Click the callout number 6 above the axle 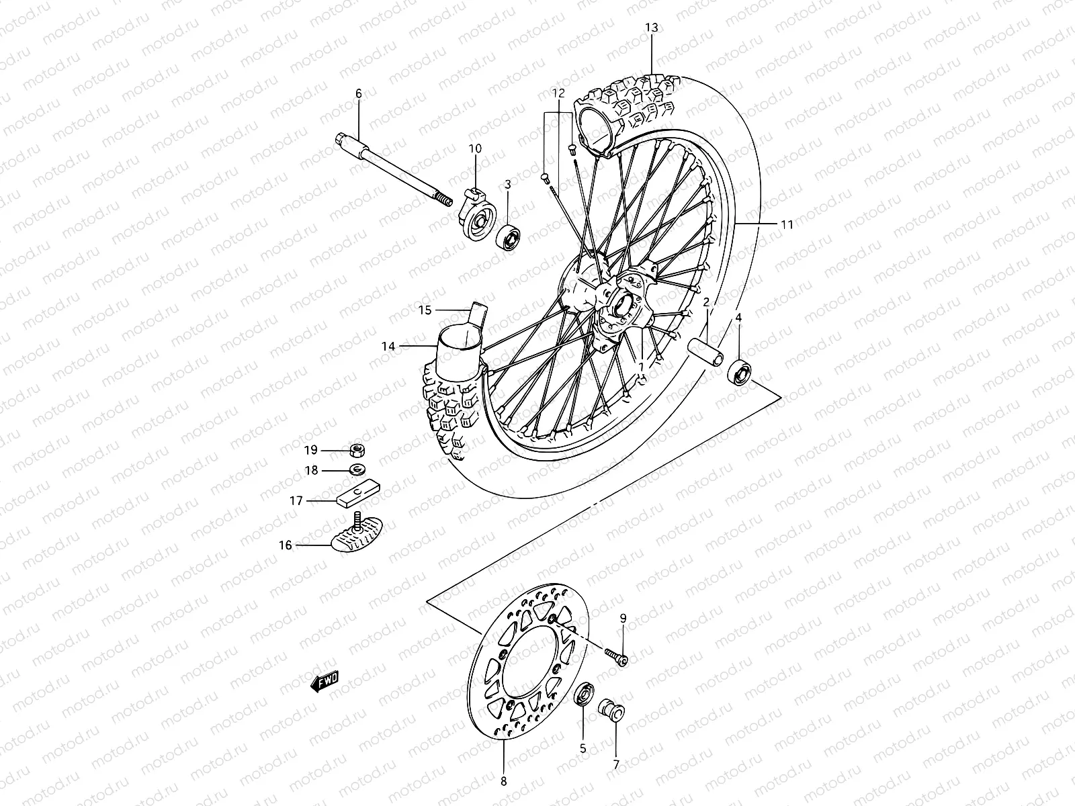pyautogui.click(x=358, y=94)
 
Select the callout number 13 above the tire pyautogui.click(x=652, y=28)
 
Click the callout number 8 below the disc pyautogui.click(x=504, y=781)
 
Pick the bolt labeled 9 pyautogui.click(x=616, y=657)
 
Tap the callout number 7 pyautogui.click(x=616, y=764)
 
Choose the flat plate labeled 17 pyautogui.click(x=358, y=498)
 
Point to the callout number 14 pyautogui.click(x=388, y=347)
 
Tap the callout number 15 pyautogui.click(x=424, y=310)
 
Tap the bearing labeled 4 pyautogui.click(x=740, y=372)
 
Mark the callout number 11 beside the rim pyautogui.click(x=787, y=225)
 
